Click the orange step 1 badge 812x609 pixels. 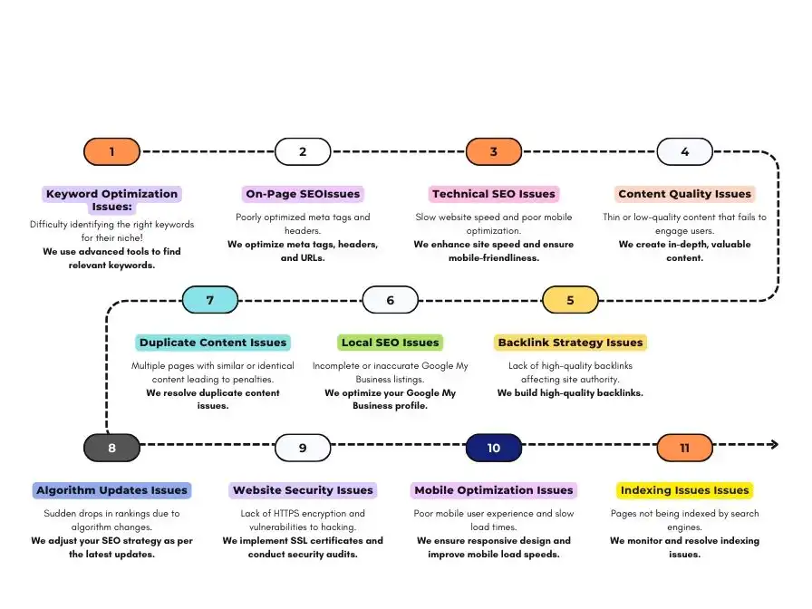click(111, 151)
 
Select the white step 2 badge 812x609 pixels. click(303, 151)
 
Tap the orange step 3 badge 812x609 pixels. click(494, 151)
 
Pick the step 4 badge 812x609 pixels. click(684, 151)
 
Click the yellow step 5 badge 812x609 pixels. click(570, 300)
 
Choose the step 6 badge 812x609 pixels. click(390, 300)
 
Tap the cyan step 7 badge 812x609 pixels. click(210, 300)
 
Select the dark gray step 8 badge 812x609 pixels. click(111, 448)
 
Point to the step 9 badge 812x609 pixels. click(303, 448)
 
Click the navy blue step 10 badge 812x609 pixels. click(494, 448)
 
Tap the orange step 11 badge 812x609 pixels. click(684, 448)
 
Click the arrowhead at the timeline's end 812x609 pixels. click(773, 444)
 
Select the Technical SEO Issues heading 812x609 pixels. click(494, 194)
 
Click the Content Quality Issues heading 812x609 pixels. click(684, 194)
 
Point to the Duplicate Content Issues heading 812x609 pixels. click(213, 343)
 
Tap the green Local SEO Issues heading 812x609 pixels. click(390, 343)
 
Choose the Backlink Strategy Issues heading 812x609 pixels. click(570, 343)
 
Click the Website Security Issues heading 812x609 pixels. click(303, 490)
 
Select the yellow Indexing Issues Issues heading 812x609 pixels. click(684, 490)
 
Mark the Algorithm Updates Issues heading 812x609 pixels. click(111, 490)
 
